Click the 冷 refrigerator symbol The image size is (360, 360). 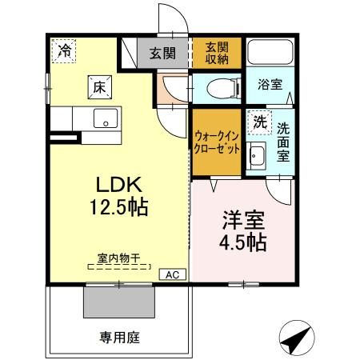click(63, 50)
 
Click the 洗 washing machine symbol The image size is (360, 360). click(258, 122)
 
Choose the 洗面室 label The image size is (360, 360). click(284, 142)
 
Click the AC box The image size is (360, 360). click(170, 274)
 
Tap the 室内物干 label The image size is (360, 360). click(118, 258)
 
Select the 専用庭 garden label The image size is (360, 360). click(119, 338)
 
